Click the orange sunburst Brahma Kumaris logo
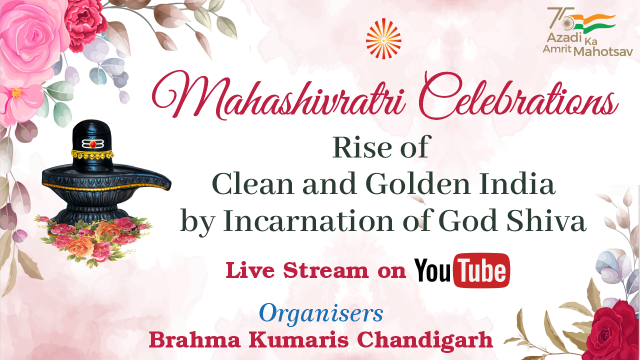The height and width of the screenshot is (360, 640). click(x=383, y=39)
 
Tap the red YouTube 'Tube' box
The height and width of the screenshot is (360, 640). click(x=481, y=270)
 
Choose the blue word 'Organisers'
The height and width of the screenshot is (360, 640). click(x=321, y=313)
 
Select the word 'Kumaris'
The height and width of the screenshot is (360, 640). click(x=298, y=340)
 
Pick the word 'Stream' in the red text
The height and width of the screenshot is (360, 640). click(x=326, y=270)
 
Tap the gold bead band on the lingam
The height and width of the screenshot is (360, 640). click(x=92, y=154)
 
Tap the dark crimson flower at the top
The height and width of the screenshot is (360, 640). click(x=85, y=25)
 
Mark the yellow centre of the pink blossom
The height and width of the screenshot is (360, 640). click(x=16, y=93)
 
